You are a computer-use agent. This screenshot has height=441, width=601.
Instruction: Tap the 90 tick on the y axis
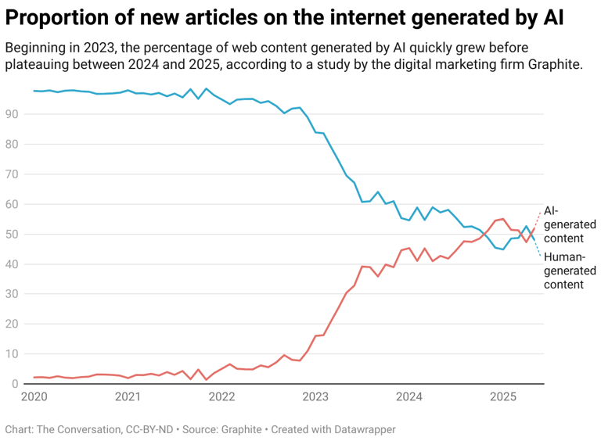click(x=12, y=114)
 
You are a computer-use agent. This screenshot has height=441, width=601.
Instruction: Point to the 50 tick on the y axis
click(x=12, y=235)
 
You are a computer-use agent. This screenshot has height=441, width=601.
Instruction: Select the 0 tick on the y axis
click(x=15, y=384)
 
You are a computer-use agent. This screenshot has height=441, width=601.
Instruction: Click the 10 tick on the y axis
click(x=12, y=354)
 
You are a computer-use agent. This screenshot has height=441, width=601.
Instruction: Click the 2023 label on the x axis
click(x=315, y=397)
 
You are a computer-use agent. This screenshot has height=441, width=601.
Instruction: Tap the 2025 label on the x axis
click(x=503, y=397)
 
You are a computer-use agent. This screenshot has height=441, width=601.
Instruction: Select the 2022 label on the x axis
click(x=221, y=397)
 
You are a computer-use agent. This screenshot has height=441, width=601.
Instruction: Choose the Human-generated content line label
click(x=570, y=271)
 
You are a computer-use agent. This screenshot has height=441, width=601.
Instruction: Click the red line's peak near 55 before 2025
click(x=502, y=219)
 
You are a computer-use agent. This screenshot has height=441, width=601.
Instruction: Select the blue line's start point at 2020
click(x=34, y=91)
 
